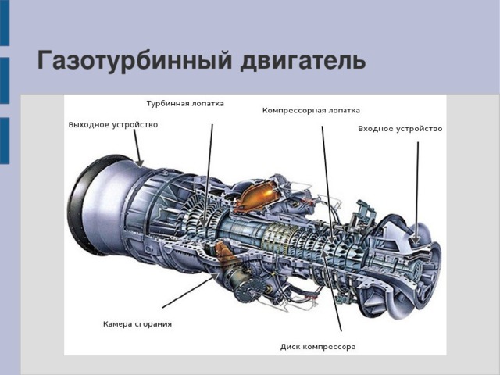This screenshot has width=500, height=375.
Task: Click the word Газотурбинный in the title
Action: [x=134, y=61]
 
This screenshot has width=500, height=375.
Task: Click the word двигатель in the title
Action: [x=302, y=61]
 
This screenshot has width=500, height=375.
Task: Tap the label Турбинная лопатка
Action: [x=185, y=104]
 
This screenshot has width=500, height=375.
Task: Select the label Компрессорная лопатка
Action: [x=311, y=111]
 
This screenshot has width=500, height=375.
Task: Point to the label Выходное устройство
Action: [x=112, y=125]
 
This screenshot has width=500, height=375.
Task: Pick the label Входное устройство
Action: [x=400, y=129]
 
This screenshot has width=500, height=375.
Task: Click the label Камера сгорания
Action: [x=137, y=324]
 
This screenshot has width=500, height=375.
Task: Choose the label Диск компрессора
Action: [x=318, y=347]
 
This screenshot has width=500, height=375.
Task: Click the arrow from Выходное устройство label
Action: [x=138, y=148]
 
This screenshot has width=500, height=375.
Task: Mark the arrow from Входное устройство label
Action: [x=417, y=193]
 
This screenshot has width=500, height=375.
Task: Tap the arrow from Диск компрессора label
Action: [x=331, y=290]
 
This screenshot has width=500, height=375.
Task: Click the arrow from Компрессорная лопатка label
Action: [x=327, y=184]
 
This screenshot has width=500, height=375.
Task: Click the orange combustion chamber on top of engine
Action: [x=258, y=196]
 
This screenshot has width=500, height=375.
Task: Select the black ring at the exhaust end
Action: [x=84, y=204]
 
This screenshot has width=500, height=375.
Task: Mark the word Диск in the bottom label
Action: [x=290, y=347]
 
